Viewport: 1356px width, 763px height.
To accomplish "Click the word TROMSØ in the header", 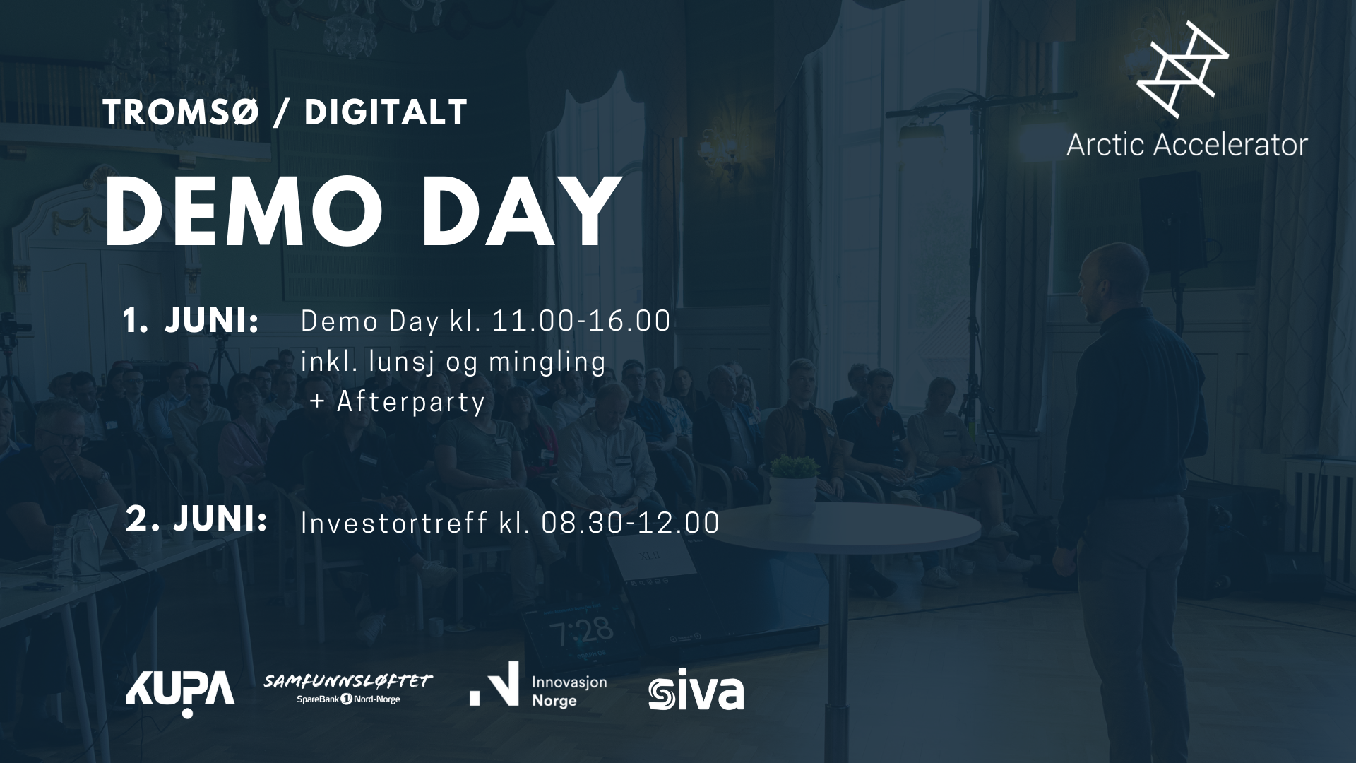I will point(182,112).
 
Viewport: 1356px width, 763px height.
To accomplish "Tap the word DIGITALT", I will point(386,112).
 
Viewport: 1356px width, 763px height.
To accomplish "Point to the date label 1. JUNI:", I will point(191,321).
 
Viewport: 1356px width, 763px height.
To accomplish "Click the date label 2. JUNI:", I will point(196,519).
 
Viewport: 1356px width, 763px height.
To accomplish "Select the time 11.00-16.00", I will point(581,321).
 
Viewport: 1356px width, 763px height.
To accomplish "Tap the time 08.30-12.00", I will point(630,523).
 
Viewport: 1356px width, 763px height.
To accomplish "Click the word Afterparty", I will point(411,401).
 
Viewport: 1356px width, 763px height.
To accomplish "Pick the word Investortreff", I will point(394,523).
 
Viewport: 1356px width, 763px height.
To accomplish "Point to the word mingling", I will point(547,362).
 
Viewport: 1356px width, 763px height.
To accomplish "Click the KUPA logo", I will point(180,691).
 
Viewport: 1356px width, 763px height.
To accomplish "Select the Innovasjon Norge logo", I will point(538,685).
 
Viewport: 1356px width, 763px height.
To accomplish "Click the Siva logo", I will point(696,690).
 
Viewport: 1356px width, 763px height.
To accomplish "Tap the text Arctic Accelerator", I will point(1186,145).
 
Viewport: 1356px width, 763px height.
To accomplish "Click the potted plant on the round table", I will point(793,484).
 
